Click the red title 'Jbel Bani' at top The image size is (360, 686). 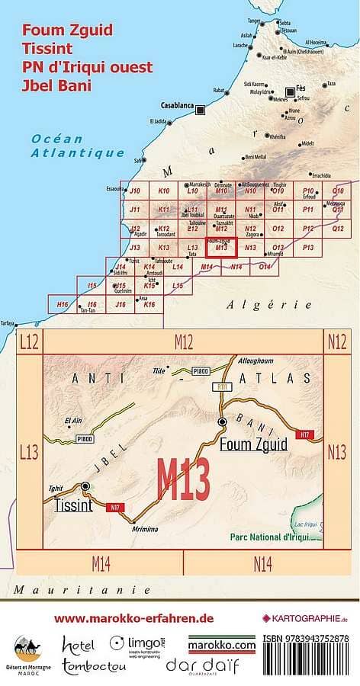57,85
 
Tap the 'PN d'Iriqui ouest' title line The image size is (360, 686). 87,67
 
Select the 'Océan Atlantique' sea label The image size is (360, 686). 76,146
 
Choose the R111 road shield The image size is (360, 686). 223,388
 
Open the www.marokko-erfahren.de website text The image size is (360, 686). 133,618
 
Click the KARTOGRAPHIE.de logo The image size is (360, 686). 305,618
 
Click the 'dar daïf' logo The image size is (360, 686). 202,665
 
